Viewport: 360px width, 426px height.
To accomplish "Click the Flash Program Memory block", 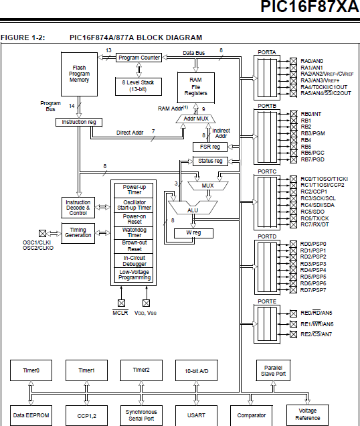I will point(79,74).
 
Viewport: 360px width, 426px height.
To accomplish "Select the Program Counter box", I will point(139,58).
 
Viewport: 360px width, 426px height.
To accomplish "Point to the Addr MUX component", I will point(191,119).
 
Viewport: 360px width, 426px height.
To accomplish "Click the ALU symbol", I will point(193,210).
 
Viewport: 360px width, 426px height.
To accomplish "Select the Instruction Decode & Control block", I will point(78,208).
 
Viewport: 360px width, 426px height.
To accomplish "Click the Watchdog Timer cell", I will point(134,232).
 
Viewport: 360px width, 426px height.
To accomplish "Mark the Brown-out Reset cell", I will point(134,246).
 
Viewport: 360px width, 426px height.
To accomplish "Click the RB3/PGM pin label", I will point(313,133).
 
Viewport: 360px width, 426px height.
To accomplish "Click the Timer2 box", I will point(141,370).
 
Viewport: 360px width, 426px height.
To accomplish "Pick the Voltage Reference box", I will point(307,415).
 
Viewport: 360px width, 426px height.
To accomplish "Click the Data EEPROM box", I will point(31,415).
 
